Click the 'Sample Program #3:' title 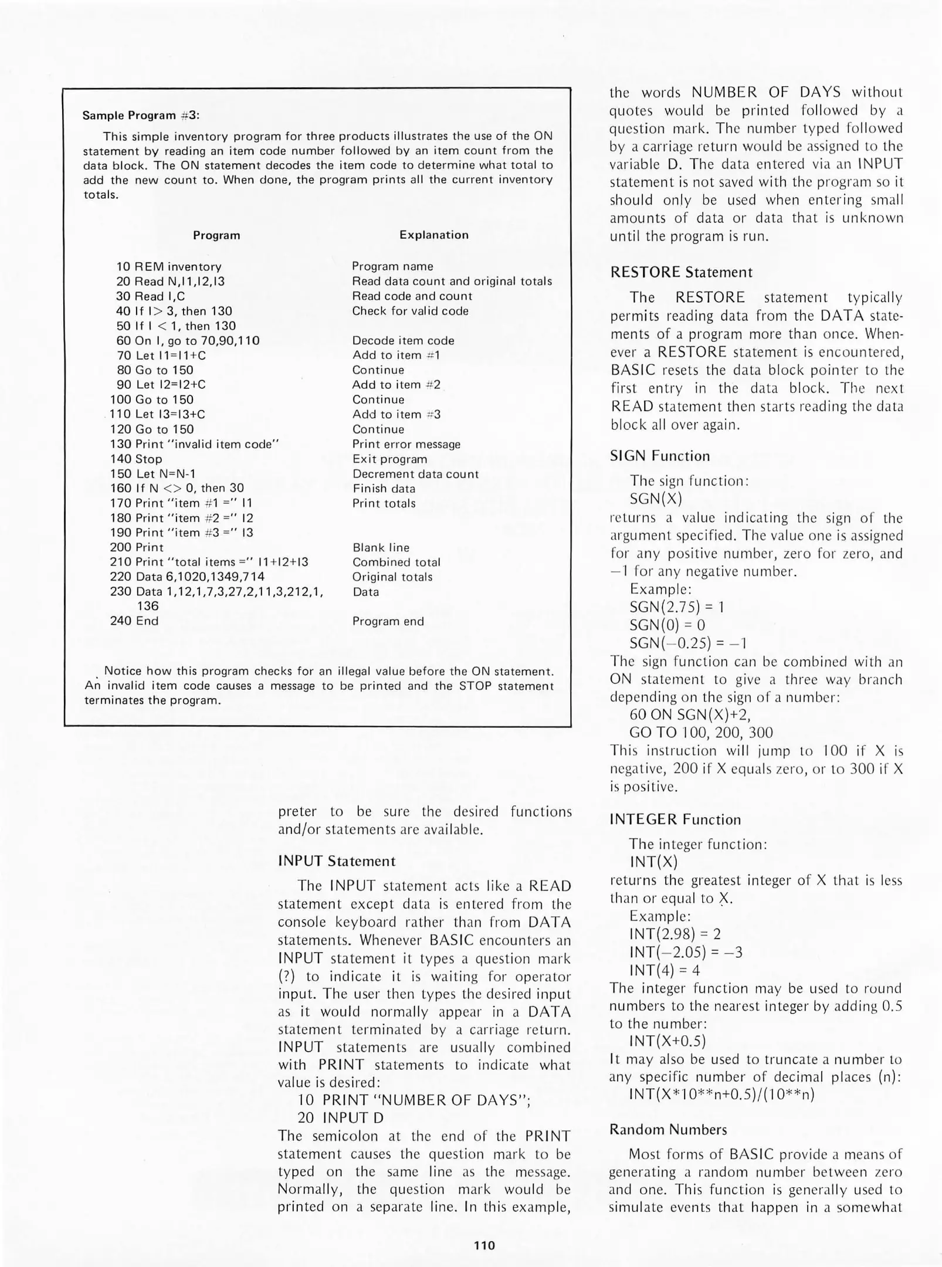click(141, 116)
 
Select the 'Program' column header click(216, 235)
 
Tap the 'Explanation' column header click(433, 235)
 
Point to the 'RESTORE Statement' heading click(680, 272)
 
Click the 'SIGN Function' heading click(659, 456)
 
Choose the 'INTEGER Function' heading click(675, 819)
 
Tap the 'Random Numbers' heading click(667, 1130)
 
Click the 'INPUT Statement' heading click(337, 861)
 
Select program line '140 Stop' click(136, 459)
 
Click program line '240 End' click(134, 621)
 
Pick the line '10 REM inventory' click(169, 267)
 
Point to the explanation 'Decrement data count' click(415, 474)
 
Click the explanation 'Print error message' click(406, 444)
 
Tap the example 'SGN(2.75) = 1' click(676, 607)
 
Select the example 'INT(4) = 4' click(665, 970)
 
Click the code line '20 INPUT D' click(340, 1118)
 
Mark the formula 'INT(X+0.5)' click(667, 1041)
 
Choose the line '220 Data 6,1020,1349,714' click(187, 577)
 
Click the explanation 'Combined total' click(396, 562)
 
